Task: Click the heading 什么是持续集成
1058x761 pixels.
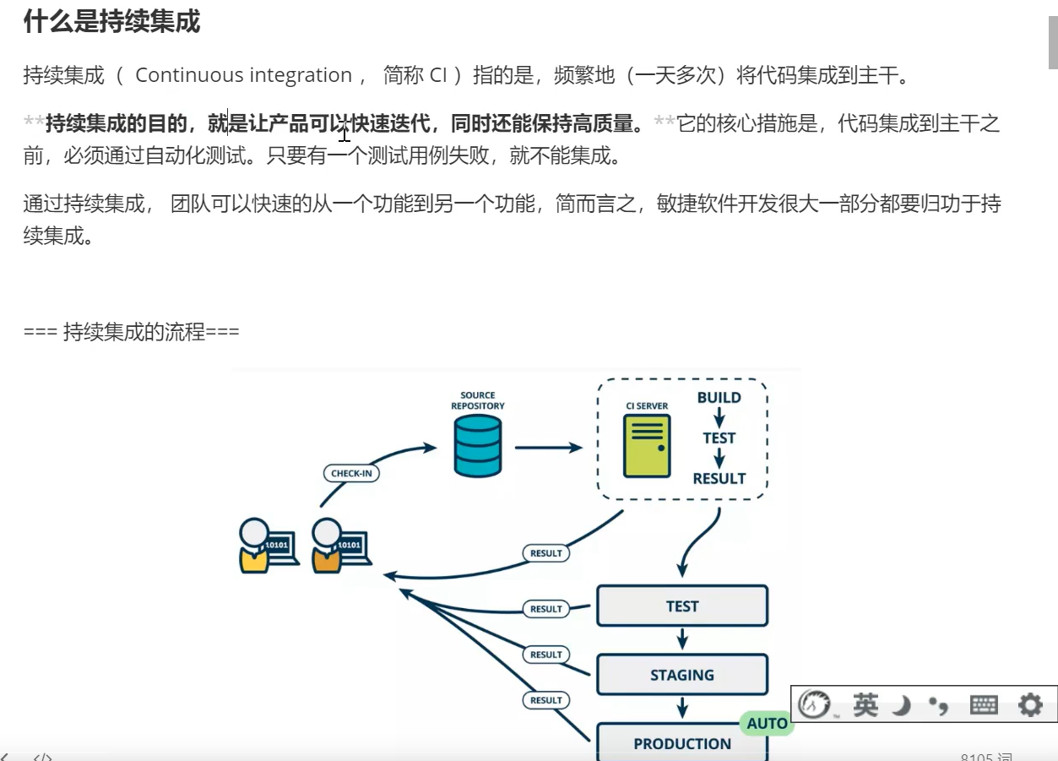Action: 111,22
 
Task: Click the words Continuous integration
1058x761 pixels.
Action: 243,75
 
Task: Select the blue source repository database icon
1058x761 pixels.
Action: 477,447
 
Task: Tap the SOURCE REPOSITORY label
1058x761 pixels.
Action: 477,400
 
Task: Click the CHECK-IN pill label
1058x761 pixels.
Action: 351,473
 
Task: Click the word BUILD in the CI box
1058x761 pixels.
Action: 719,398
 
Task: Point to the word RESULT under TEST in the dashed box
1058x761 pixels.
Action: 719,478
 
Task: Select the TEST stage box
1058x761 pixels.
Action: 681,606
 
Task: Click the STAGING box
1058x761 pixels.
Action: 681,675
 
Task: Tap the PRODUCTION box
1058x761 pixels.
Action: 681,742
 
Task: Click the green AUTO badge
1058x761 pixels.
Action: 767,723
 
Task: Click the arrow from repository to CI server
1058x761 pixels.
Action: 548,448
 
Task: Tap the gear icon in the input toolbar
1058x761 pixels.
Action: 1030,704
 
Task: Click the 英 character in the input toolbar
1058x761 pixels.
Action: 865,704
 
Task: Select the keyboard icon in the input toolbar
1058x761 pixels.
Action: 984,704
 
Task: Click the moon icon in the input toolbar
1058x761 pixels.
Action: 902,704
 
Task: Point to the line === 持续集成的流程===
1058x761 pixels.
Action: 132,332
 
